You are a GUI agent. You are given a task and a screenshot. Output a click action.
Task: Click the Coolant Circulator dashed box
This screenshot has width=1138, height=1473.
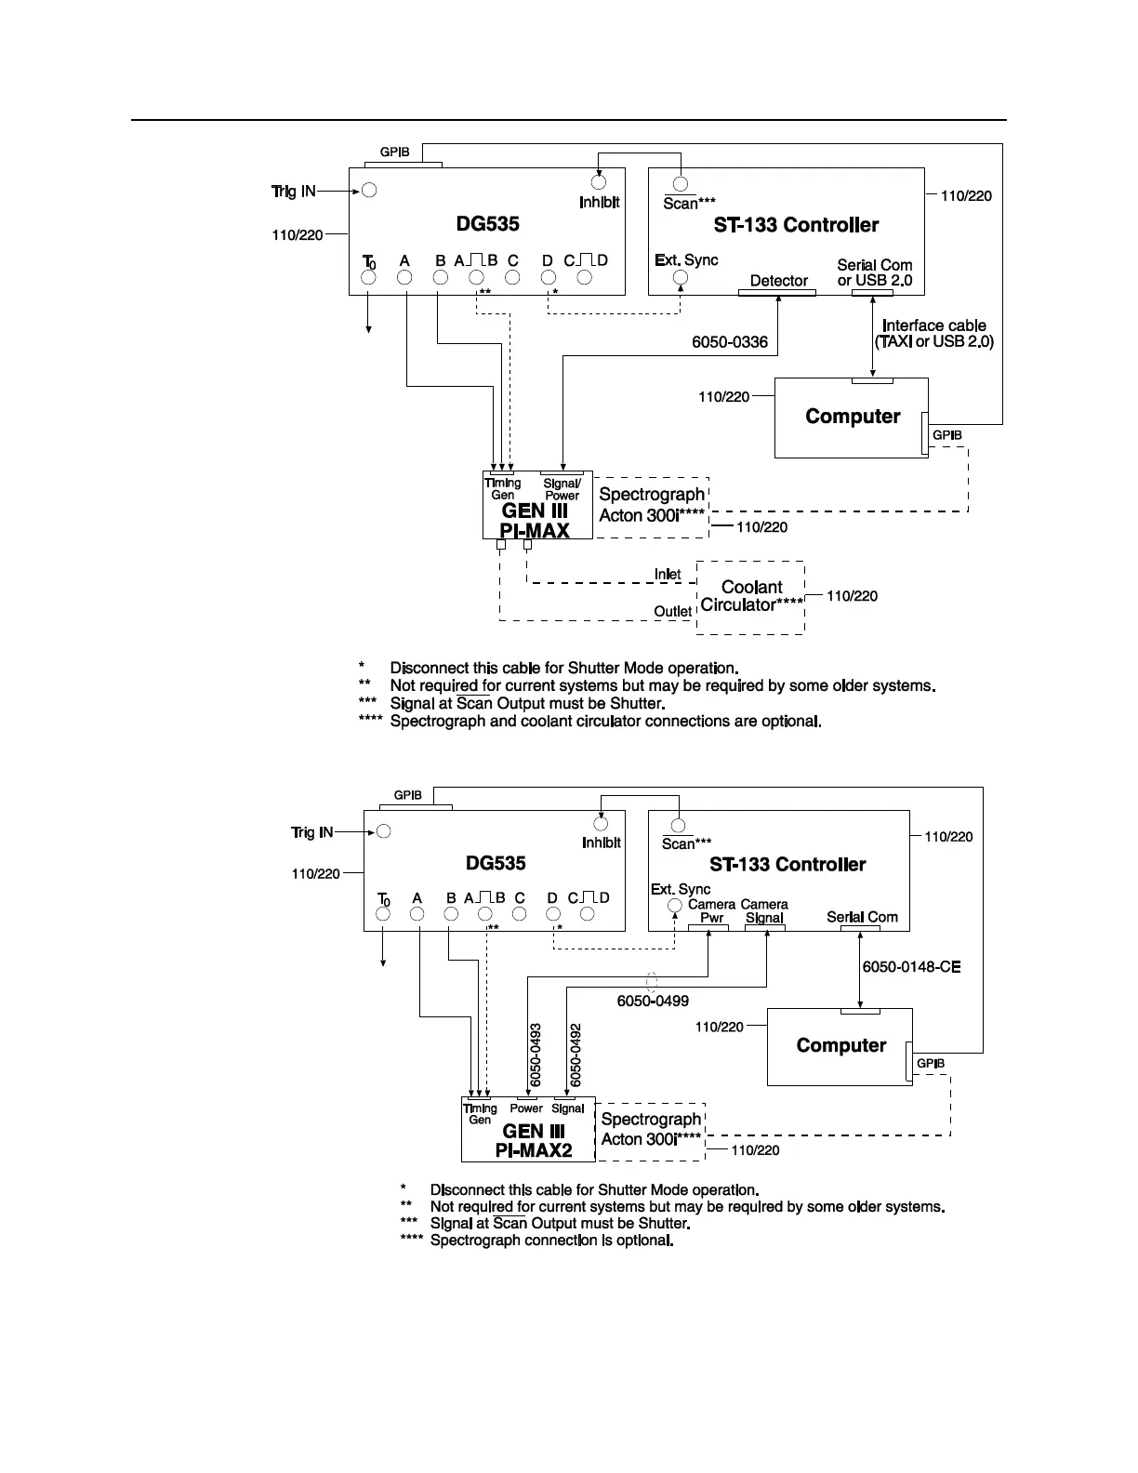(751, 597)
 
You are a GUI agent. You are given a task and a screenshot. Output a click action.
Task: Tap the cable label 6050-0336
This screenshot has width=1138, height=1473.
(730, 342)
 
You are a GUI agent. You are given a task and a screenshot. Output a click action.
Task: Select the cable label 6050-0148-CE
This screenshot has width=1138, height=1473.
(911, 967)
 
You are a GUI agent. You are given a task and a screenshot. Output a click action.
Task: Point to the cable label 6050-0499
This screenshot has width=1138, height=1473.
(653, 1002)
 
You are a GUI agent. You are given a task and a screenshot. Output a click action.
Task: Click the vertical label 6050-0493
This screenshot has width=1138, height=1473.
(536, 1055)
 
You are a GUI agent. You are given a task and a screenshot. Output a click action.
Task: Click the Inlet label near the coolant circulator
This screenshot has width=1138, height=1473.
(668, 575)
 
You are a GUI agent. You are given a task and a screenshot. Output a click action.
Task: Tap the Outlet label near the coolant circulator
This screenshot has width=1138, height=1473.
(673, 612)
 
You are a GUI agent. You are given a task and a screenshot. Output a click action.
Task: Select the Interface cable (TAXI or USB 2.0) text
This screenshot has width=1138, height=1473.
(934, 334)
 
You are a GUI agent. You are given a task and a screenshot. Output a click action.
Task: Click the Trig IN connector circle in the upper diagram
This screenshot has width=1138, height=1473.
(369, 191)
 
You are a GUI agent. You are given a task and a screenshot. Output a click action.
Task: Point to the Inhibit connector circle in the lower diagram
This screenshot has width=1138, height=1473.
(601, 824)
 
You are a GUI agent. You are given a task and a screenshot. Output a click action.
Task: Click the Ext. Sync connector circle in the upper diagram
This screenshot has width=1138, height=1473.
(681, 278)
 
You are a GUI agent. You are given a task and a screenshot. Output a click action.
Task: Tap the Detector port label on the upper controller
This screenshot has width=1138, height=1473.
(779, 281)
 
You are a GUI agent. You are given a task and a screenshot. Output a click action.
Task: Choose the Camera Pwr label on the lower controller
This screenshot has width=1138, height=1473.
(711, 910)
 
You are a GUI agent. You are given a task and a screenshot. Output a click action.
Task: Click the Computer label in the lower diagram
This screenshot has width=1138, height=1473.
(841, 1046)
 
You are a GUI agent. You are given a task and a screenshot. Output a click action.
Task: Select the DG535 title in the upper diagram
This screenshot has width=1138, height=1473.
(487, 224)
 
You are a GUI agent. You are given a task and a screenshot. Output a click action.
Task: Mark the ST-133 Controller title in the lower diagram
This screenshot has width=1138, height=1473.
(787, 865)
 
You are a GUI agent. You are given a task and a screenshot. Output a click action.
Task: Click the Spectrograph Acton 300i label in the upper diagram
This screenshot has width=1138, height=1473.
(653, 504)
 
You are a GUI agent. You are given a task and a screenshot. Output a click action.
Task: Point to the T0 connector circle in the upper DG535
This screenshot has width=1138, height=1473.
(369, 278)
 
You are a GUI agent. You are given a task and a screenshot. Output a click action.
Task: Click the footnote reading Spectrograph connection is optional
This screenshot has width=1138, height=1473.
(550, 1241)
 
